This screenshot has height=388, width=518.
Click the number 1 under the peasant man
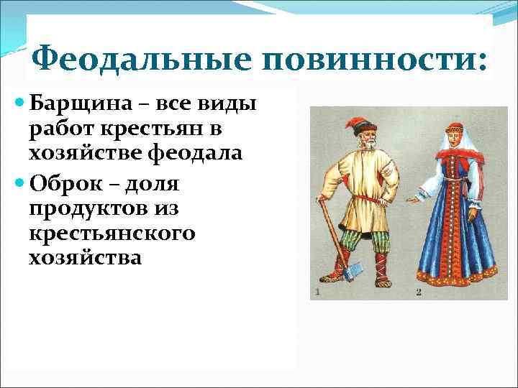[x=317, y=291]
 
